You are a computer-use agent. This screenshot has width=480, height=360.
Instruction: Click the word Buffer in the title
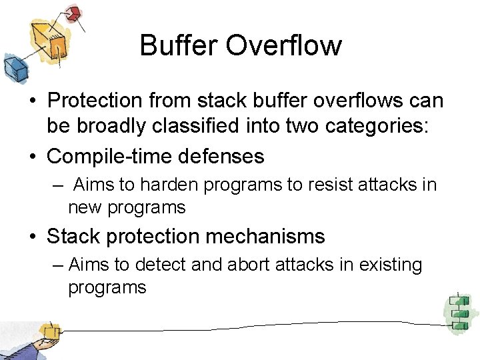click(x=178, y=45)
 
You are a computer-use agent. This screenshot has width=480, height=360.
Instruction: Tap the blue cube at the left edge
click(x=13, y=67)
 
